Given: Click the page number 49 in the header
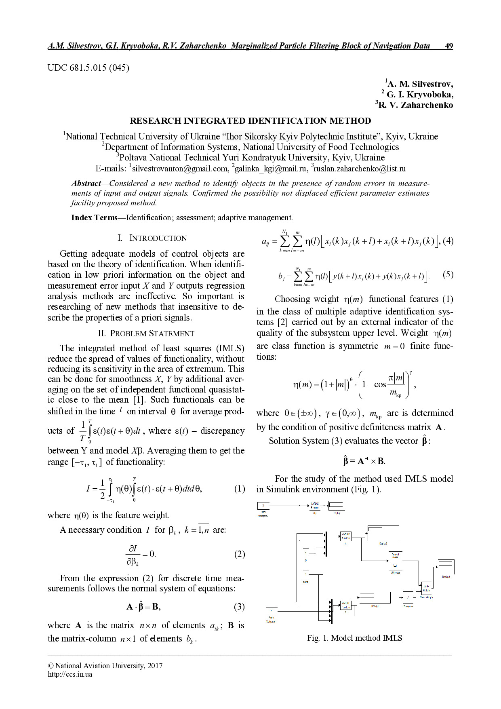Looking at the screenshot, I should tap(448, 46).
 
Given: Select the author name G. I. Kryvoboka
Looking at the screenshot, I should tap(419, 95).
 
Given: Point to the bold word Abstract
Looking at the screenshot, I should tap(86, 183).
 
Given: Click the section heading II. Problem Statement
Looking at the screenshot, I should tap(146, 333).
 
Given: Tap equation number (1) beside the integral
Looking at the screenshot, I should tap(239, 489).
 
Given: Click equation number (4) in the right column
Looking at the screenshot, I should tap(448, 241).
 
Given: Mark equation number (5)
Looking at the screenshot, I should tap(448, 275).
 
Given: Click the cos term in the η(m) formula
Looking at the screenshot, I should tap(380, 384).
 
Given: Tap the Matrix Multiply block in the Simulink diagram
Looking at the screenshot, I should tap(426, 587).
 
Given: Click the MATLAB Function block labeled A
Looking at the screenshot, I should tap(346, 536).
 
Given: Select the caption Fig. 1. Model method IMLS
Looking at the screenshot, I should tap(354, 638).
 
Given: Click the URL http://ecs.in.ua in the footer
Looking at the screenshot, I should tap(70, 674).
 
